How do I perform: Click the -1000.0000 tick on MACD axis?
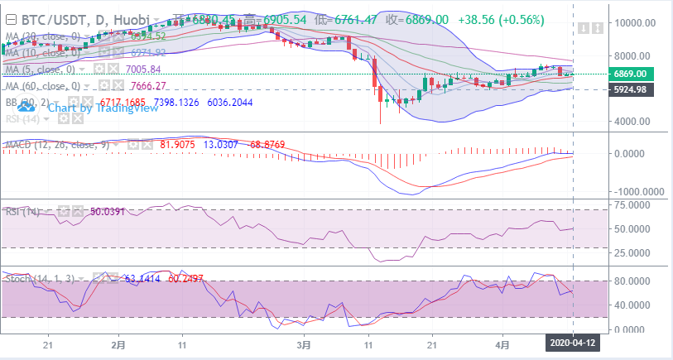click(x=636, y=191)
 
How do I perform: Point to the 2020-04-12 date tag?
click(x=573, y=340)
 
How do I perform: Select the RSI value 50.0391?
click(x=107, y=212)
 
